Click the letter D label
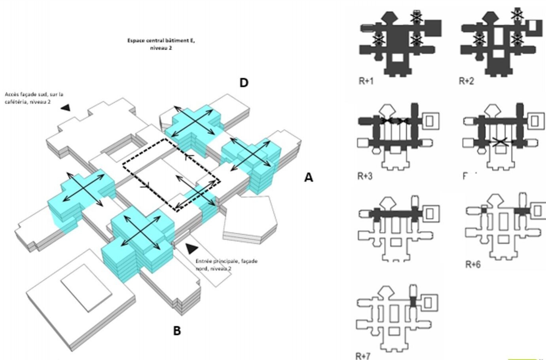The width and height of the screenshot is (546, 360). tap(244, 83)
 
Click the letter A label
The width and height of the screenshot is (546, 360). tap(309, 178)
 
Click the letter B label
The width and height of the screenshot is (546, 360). tap(177, 331)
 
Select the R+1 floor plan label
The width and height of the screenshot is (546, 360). tap(366, 81)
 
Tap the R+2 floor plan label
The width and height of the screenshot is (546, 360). tap(466, 81)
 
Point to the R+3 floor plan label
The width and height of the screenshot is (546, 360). tap(365, 176)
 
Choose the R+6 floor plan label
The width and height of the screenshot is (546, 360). tap(473, 265)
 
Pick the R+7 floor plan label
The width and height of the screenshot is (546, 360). tap(363, 356)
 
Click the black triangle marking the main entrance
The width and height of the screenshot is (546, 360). tap(191, 248)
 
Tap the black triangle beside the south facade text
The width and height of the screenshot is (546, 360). tap(66, 108)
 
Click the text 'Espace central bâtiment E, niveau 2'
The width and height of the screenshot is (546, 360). tap(161, 44)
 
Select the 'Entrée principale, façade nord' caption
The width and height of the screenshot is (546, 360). tap(226, 265)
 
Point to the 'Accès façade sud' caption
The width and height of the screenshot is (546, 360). tap(34, 98)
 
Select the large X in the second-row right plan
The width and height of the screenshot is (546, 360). tap(500, 141)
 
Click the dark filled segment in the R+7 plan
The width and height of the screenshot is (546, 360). tap(413, 302)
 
